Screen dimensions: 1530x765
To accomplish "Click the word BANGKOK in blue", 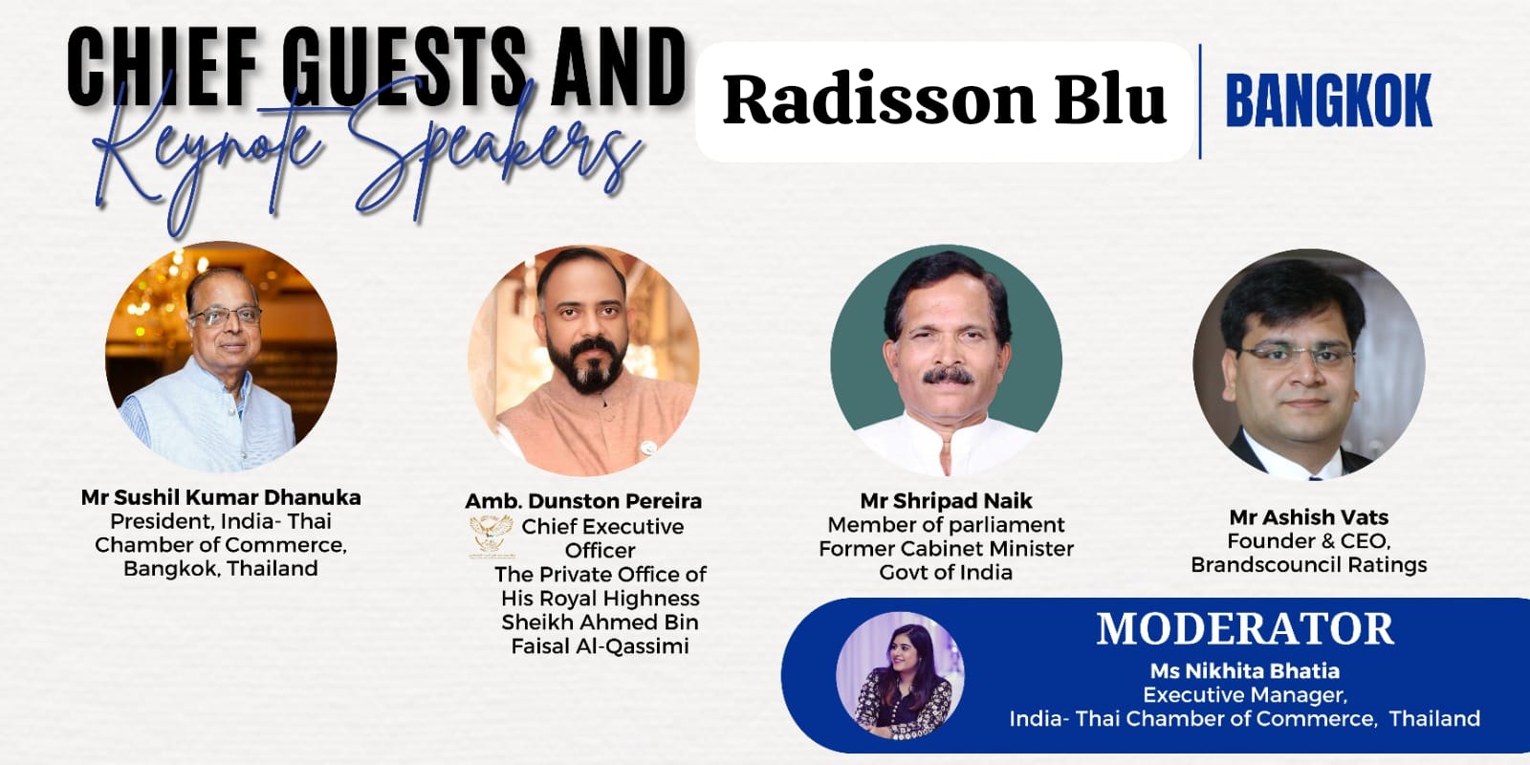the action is [x=1328, y=101].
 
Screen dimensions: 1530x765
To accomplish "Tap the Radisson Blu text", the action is [x=944, y=99].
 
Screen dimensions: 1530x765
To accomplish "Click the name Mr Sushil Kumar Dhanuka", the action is [x=221, y=497].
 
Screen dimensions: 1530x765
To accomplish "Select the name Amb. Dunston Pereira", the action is [x=583, y=501].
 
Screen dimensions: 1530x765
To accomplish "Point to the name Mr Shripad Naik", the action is [x=946, y=501].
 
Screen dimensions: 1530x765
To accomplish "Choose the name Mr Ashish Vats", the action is [x=1309, y=517].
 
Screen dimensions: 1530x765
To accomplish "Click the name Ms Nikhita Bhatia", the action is [x=1244, y=670].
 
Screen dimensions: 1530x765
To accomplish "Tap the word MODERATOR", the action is [x=1244, y=629].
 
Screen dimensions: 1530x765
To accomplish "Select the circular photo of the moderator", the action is [x=900, y=675].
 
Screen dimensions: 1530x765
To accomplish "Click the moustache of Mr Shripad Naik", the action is [x=948, y=376].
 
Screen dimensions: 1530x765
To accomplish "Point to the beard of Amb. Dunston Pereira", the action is [x=593, y=365].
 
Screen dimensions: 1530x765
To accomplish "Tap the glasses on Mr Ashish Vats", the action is [x=1296, y=355].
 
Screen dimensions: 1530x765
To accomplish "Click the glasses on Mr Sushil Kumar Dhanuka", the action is [x=226, y=316].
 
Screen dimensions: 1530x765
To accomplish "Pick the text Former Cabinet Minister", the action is [x=946, y=549].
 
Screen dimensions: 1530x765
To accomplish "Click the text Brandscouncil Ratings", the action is [x=1309, y=565].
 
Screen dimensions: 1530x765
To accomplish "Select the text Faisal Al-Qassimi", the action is [x=601, y=646].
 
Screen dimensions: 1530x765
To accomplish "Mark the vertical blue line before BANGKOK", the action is [x=1200, y=101].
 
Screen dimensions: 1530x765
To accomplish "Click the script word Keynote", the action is [x=205, y=154].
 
